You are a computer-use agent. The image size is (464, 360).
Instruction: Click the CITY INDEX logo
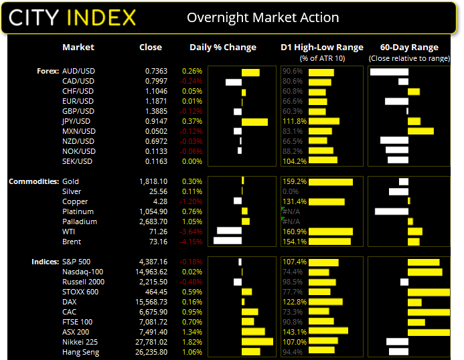pos(72,17)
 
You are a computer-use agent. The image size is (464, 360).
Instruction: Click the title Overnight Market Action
pos(262,17)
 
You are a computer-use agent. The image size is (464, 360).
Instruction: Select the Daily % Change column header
pos(223,48)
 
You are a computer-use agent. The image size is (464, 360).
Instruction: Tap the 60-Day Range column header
pos(408,48)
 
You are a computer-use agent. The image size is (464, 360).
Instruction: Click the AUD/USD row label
pos(78,71)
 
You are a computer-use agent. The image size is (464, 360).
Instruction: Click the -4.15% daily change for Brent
pos(193,242)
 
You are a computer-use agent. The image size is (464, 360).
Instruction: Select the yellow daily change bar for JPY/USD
pos(254,122)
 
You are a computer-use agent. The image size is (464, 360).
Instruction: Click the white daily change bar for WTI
pos(229,232)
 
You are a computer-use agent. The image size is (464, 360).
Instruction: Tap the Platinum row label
pos(80,211)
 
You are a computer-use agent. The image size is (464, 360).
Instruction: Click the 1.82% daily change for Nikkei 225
pos(194,341)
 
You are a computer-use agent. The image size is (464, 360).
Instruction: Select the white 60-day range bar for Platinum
pos(392,211)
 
